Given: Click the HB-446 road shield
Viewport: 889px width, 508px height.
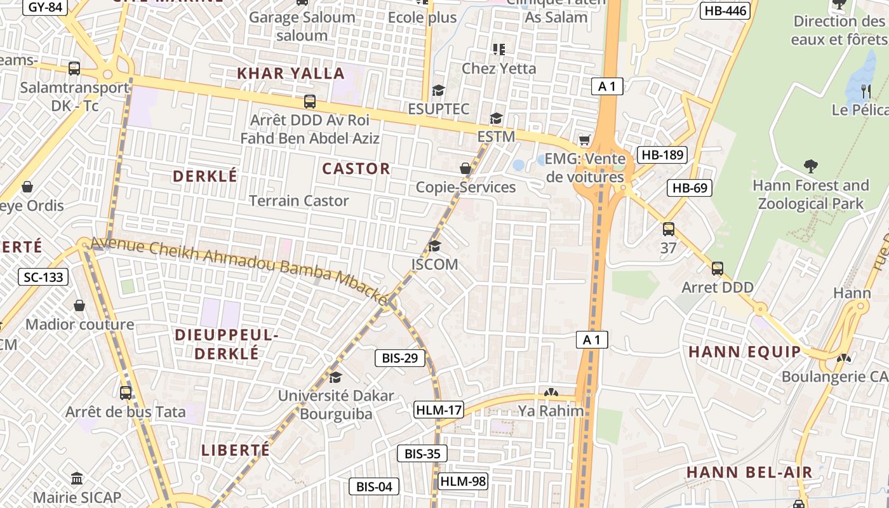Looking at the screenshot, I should [725, 10].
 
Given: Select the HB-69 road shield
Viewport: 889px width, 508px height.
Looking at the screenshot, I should [690, 187].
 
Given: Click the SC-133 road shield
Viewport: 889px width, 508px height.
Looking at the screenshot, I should [44, 276].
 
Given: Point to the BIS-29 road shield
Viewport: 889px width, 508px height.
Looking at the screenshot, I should [399, 358].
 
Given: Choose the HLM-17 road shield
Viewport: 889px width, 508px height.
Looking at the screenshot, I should [439, 410].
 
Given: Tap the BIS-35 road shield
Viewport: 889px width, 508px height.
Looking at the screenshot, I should [422, 453].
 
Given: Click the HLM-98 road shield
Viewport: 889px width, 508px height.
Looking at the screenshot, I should [463, 481].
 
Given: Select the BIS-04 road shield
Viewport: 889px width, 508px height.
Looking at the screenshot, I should [374, 487].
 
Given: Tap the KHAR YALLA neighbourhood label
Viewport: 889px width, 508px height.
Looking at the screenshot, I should [291, 73].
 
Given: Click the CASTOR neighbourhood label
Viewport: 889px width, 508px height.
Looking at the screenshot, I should [356, 168].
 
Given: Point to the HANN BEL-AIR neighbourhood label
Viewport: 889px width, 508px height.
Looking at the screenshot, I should [749, 472].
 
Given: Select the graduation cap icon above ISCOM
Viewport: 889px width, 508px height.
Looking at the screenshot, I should [434, 246].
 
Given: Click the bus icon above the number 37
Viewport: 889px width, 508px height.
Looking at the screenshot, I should [668, 229].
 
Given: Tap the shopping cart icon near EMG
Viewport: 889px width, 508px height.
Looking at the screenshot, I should [584, 140].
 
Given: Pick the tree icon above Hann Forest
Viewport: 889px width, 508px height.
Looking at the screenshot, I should [810, 167].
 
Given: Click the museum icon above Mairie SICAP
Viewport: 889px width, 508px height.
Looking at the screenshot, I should [77, 478].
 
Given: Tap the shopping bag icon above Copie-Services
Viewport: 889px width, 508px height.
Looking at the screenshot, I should [465, 168].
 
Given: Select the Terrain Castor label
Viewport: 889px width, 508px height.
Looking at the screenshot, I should [298, 201].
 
